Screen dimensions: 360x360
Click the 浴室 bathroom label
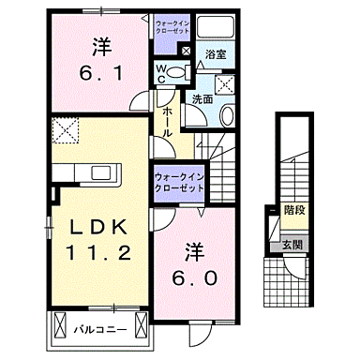[x=216, y=55]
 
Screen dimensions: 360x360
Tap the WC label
[x=161, y=72]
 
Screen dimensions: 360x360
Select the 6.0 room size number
[x=194, y=278]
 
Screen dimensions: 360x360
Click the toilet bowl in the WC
[x=180, y=71]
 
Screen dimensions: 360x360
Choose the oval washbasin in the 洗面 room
[x=226, y=114]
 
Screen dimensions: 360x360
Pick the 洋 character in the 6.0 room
[x=194, y=251]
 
